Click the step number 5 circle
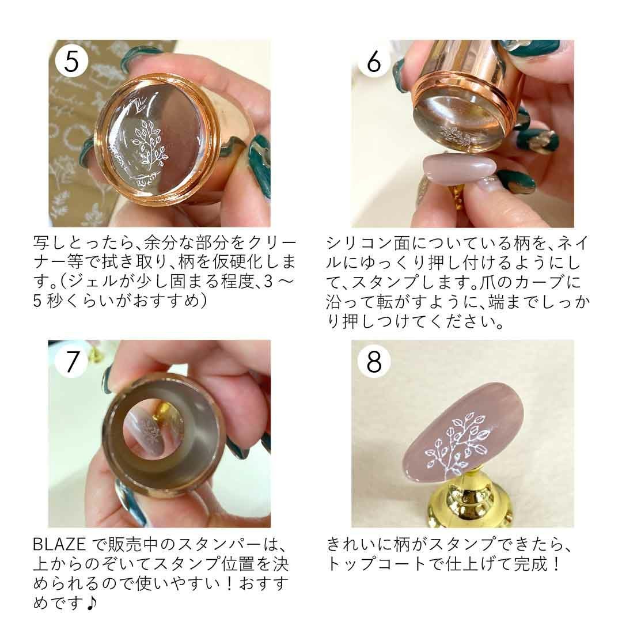point(71,60)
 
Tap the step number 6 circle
point(374,60)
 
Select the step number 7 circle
point(71,361)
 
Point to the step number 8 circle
point(374,361)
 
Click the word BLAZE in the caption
point(59,544)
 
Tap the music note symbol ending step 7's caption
point(91,603)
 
